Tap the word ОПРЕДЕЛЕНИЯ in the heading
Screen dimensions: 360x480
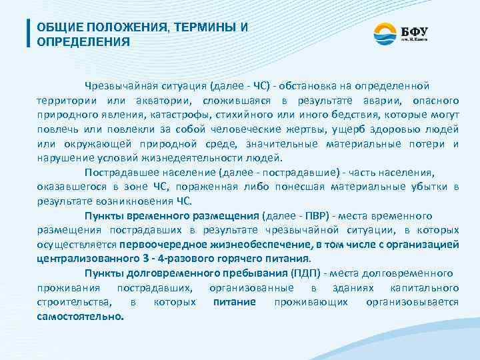click(83, 42)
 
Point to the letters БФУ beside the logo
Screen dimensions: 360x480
click(415, 31)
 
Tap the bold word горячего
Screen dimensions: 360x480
click(233, 259)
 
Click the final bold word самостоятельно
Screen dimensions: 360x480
click(80, 316)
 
